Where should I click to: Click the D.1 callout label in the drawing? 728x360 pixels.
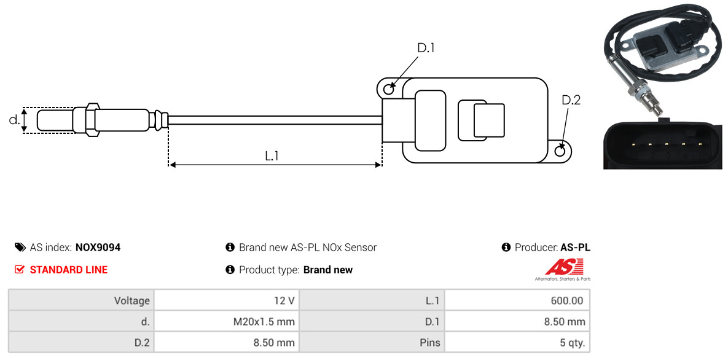pyautogui.click(x=426, y=48)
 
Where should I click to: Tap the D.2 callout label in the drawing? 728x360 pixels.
pyautogui.click(x=571, y=100)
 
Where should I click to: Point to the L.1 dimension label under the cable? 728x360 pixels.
pyautogui.click(x=272, y=156)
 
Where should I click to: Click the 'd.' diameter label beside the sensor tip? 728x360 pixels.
pyautogui.click(x=14, y=120)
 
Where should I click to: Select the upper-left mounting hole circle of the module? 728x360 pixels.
pyautogui.click(x=388, y=90)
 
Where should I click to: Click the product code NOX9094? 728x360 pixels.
pyautogui.click(x=98, y=248)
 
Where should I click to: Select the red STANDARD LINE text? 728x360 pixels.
pyautogui.click(x=68, y=270)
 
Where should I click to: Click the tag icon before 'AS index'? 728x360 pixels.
pyautogui.click(x=20, y=248)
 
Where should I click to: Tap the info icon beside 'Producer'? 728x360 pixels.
pyautogui.click(x=506, y=248)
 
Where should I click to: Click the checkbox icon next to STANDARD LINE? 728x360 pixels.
pyautogui.click(x=20, y=270)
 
